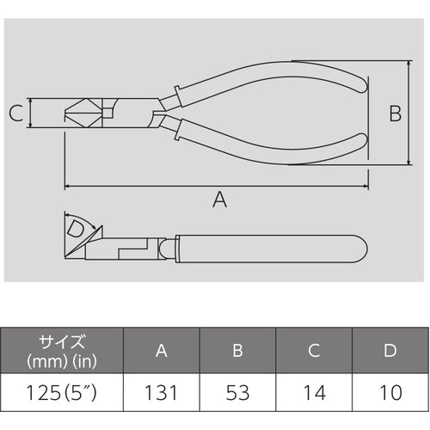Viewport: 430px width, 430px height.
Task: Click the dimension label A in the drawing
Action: (x=219, y=200)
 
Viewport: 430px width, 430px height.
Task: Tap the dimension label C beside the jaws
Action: (x=15, y=112)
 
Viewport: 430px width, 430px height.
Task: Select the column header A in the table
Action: (x=162, y=351)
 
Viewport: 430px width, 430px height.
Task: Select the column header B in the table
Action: (x=238, y=351)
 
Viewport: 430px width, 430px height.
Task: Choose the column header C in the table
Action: (x=315, y=351)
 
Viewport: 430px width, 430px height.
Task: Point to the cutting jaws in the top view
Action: (x=83, y=113)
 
